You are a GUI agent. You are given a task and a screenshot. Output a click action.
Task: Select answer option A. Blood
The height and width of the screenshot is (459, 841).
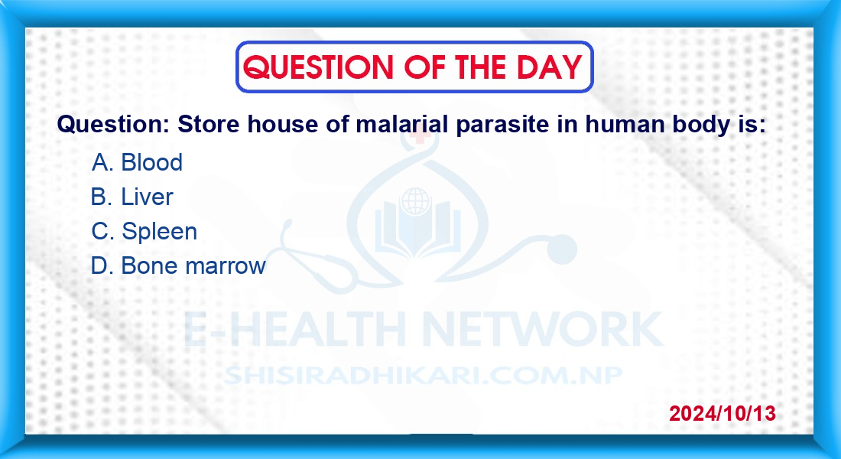pos(137,162)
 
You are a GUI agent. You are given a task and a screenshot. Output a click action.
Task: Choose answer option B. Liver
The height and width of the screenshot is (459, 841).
pos(132,197)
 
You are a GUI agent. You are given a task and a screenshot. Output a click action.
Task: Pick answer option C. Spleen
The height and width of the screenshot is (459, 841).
pos(144,231)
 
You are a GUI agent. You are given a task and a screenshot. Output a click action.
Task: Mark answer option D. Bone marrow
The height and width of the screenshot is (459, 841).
pos(178,265)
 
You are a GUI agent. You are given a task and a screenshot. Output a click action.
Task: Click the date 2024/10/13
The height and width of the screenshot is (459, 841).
pos(722,413)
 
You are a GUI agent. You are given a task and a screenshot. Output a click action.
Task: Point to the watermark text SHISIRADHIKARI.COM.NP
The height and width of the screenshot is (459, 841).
pos(423,374)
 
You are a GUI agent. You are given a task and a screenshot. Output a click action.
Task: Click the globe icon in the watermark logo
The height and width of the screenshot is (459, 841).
pos(415,202)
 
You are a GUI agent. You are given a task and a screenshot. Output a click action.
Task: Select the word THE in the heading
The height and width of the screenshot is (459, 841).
pos(480,67)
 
